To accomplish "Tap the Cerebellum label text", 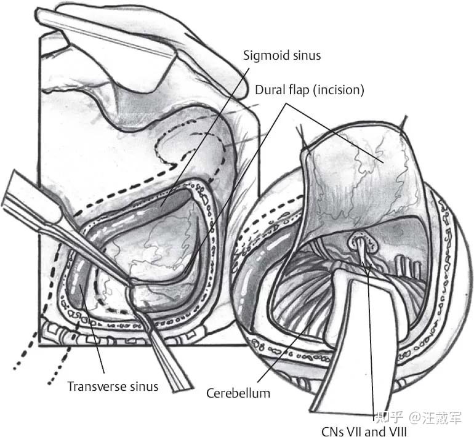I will [238, 392].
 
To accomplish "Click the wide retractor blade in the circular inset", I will [345, 345].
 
